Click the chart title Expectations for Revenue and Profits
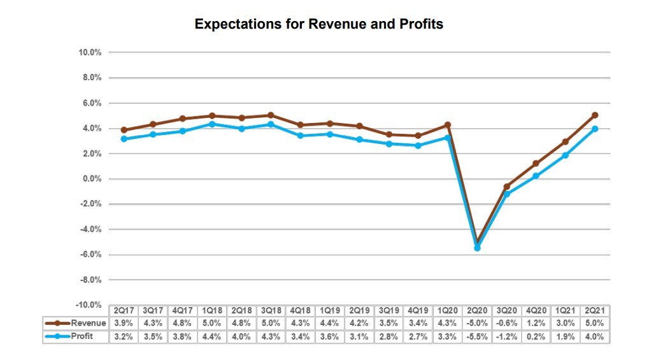(318, 25)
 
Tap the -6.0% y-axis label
(92, 255)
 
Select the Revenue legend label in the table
(88, 324)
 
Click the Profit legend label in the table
(82, 336)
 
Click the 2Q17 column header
(124, 311)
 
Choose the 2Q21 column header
(594, 311)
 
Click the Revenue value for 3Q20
(506, 324)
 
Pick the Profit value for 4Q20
(536, 336)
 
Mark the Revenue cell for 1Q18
(211, 324)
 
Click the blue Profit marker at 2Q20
(477, 248)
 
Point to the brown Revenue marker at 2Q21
(594, 115)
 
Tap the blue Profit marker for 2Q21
(594, 129)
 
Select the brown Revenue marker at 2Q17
(124, 130)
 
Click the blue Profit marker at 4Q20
(536, 176)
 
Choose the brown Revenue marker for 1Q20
(447, 125)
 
